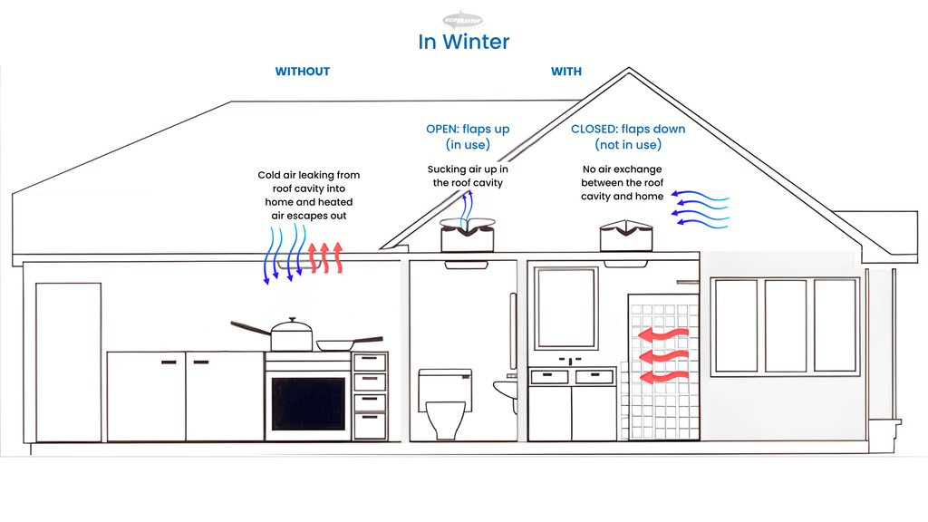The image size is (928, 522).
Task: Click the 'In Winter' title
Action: click(463, 42)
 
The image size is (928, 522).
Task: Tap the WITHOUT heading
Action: click(303, 71)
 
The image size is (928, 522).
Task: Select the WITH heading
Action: click(566, 71)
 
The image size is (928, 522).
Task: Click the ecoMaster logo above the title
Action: click(463, 20)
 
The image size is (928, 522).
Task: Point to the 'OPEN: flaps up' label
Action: click(468, 129)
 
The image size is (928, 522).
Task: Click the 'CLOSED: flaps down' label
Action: click(628, 129)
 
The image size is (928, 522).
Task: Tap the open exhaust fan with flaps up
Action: click(468, 235)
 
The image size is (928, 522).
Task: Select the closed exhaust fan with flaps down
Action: click(626, 236)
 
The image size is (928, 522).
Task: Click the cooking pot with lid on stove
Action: click(291, 334)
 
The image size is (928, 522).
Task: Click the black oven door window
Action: click(308, 403)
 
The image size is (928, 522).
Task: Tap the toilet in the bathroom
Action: click(445, 403)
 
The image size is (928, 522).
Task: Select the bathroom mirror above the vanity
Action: click(565, 308)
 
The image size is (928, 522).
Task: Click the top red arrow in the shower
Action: click(663, 335)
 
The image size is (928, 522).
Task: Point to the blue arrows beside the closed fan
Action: click(701, 208)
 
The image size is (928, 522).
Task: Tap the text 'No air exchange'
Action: click(622, 169)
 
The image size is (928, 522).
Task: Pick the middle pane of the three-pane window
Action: click(786, 325)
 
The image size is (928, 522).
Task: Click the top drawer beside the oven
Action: click(370, 362)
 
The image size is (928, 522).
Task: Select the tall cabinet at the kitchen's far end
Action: click(69, 362)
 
